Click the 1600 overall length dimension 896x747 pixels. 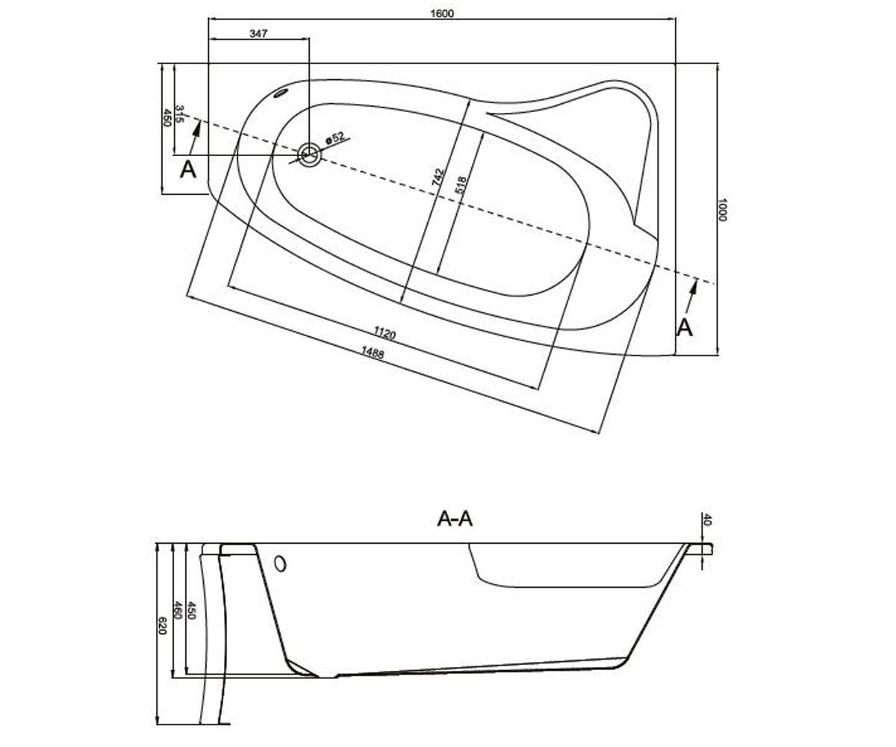click(442, 13)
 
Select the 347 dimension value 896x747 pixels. click(258, 33)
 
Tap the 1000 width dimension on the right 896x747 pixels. click(722, 209)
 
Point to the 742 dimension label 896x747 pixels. click(438, 177)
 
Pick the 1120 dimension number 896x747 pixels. click(384, 332)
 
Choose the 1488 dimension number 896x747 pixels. click(373, 353)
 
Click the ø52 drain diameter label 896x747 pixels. click(335, 137)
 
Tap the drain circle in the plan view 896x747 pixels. click(309, 155)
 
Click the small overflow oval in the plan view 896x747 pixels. click(281, 93)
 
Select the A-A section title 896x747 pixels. click(455, 519)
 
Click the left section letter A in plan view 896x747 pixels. click(188, 170)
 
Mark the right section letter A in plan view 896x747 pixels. click(685, 328)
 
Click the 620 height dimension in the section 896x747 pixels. click(162, 626)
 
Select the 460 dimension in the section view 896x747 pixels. click(177, 610)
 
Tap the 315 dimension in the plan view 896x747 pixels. click(180, 114)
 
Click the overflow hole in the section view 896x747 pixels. click(280, 564)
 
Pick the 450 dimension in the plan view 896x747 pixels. click(167, 117)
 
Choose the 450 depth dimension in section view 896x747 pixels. click(191, 610)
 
